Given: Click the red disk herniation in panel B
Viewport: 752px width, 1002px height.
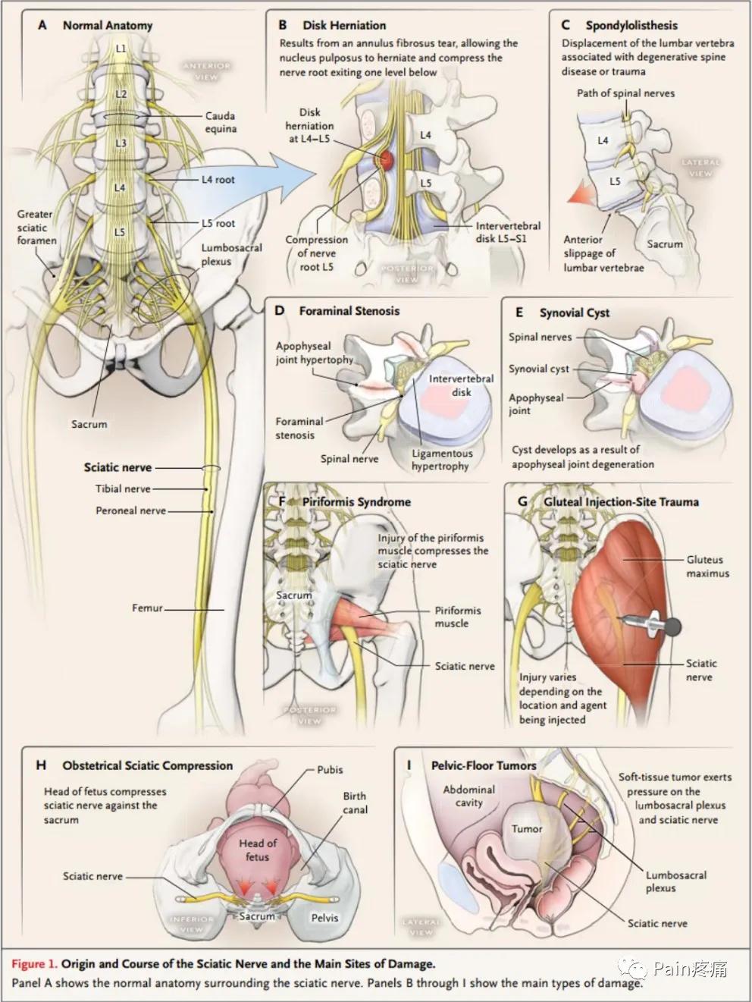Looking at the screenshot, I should (x=387, y=159).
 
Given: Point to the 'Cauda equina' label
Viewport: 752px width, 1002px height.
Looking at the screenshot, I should (x=221, y=122).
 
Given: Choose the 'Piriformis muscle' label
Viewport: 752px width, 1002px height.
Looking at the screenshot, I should (x=457, y=617).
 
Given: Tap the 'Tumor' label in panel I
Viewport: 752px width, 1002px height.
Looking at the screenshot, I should (x=526, y=828).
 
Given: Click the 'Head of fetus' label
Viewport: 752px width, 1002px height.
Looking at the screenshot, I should (x=258, y=850).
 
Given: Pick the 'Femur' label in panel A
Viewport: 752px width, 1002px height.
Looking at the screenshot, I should (x=147, y=608).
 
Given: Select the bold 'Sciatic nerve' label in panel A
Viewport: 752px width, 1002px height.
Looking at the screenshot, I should (x=117, y=467).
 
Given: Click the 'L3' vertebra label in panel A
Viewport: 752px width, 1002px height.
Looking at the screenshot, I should (x=121, y=143).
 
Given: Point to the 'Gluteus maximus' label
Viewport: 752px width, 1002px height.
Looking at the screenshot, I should (x=707, y=566).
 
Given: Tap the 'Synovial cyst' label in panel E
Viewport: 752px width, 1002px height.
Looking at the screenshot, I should (x=538, y=369).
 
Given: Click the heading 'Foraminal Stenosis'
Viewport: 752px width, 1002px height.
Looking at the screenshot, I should (x=349, y=310).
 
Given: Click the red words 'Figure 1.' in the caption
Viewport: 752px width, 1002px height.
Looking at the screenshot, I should (x=33, y=964).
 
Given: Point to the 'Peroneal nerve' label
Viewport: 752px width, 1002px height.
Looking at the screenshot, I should (x=130, y=510).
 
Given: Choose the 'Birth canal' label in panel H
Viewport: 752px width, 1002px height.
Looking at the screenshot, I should (x=354, y=803).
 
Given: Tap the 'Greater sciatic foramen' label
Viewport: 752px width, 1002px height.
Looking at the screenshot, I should (x=36, y=228).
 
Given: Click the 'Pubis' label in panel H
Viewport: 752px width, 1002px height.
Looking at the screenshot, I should (x=330, y=769).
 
